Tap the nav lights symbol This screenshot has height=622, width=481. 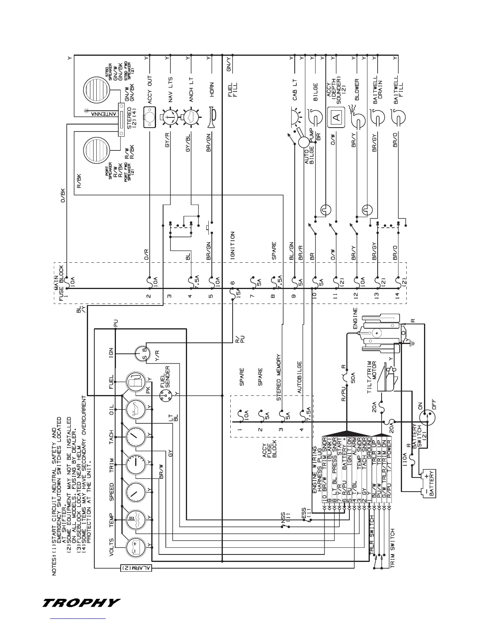[169, 117]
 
